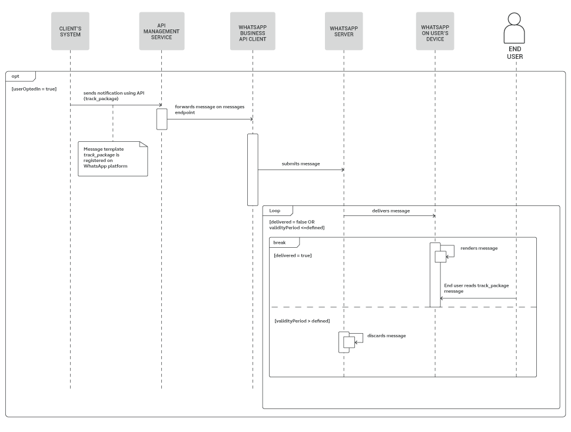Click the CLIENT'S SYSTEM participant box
[x=70, y=31]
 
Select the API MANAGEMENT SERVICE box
[x=161, y=31]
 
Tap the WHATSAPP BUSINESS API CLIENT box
[x=253, y=31]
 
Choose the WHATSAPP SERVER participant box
[x=344, y=31]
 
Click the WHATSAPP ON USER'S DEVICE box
[x=435, y=31]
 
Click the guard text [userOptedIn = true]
[x=34, y=88]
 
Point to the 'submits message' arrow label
[x=300, y=164]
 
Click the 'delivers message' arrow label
[x=390, y=210]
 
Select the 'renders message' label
[x=479, y=248]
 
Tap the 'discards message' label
[x=386, y=335]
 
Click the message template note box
[x=112, y=158]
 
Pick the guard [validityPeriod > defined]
[x=301, y=321]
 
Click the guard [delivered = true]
[x=293, y=255]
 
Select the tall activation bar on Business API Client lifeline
[x=253, y=170]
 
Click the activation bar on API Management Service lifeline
[x=161, y=118]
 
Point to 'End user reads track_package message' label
[x=476, y=288]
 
